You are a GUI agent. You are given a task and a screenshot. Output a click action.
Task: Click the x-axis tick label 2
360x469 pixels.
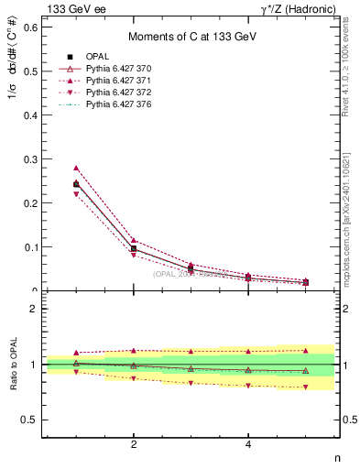pyautogui.click(x=135, y=445)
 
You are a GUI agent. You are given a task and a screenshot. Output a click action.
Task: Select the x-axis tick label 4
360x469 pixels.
pyautogui.click(x=249, y=445)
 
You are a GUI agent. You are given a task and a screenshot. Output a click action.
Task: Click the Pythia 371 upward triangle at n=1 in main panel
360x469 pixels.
pyautogui.click(x=77, y=169)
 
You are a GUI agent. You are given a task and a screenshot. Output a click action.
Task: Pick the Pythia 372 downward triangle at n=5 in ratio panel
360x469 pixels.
pyautogui.click(x=306, y=387)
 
